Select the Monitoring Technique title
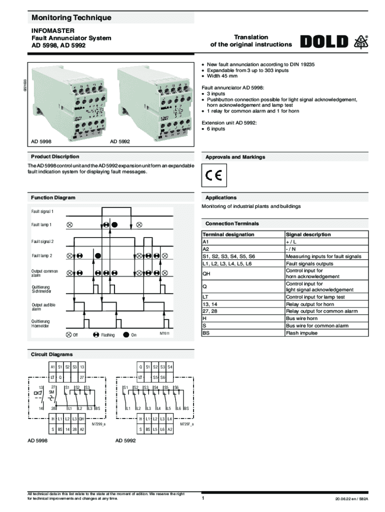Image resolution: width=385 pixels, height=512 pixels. (x=71, y=18)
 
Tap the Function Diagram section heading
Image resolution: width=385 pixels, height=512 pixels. (x=53, y=197)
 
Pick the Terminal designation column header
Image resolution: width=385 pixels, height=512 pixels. (x=228, y=234)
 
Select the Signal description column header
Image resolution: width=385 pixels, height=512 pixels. (x=308, y=234)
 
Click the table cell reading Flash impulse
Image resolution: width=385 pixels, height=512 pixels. (x=301, y=332)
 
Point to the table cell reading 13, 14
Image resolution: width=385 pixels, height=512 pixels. (x=209, y=304)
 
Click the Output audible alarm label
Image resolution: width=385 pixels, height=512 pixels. (x=44, y=306)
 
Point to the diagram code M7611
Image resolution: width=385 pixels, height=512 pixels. (x=164, y=333)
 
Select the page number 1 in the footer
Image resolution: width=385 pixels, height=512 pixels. (x=203, y=498)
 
